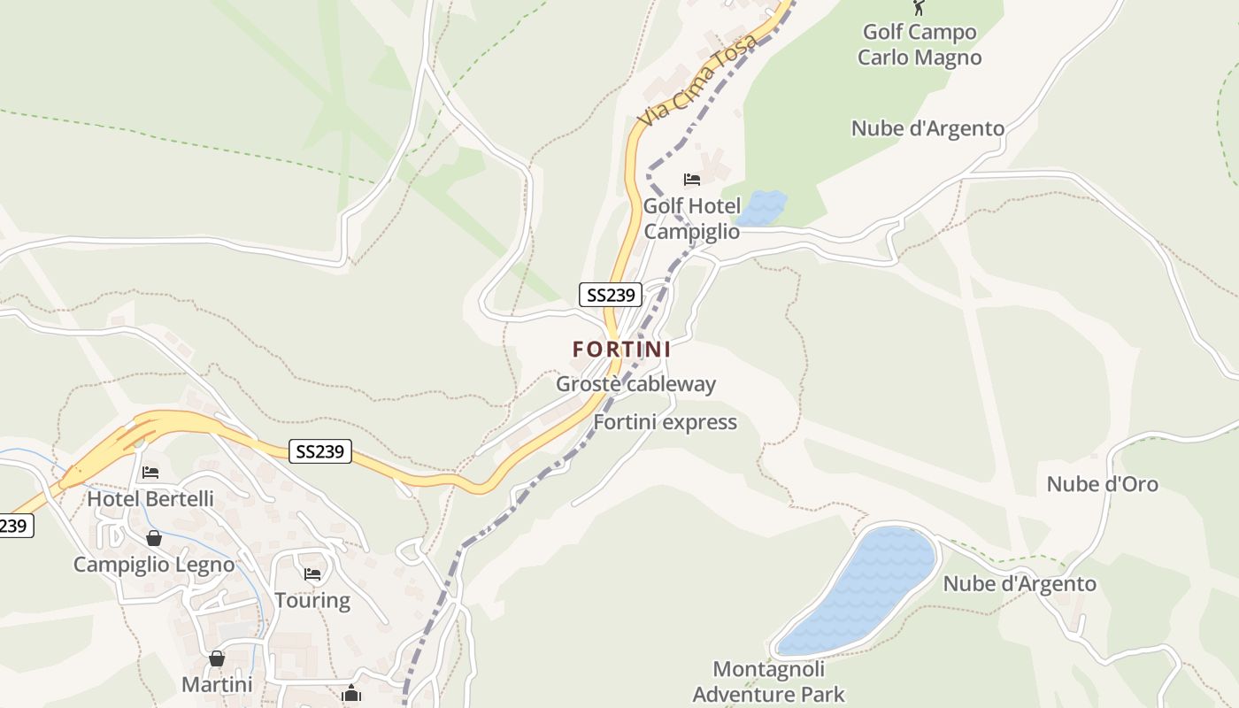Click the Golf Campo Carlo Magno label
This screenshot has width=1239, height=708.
(920, 45)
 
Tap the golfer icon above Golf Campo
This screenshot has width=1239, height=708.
(919, 8)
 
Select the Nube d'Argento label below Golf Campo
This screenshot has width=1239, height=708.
(927, 128)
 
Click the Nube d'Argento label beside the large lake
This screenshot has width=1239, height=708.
(1020, 584)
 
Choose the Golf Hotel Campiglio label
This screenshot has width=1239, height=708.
(692, 219)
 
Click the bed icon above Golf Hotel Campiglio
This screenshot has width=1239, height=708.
(692, 180)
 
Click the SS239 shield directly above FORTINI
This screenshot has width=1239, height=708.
(610, 295)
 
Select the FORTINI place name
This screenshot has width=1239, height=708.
(621, 350)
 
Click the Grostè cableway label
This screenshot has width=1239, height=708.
(635, 384)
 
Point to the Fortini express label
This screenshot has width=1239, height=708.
(665, 422)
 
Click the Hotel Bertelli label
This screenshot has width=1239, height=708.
(150, 499)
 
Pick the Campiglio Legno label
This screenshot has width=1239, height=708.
(154, 565)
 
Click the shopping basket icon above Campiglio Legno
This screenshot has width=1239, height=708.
(154, 538)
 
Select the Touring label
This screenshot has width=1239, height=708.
(312, 601)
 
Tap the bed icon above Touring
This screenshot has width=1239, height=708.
(312, 573)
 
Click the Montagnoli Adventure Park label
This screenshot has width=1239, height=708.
(768, 681)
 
